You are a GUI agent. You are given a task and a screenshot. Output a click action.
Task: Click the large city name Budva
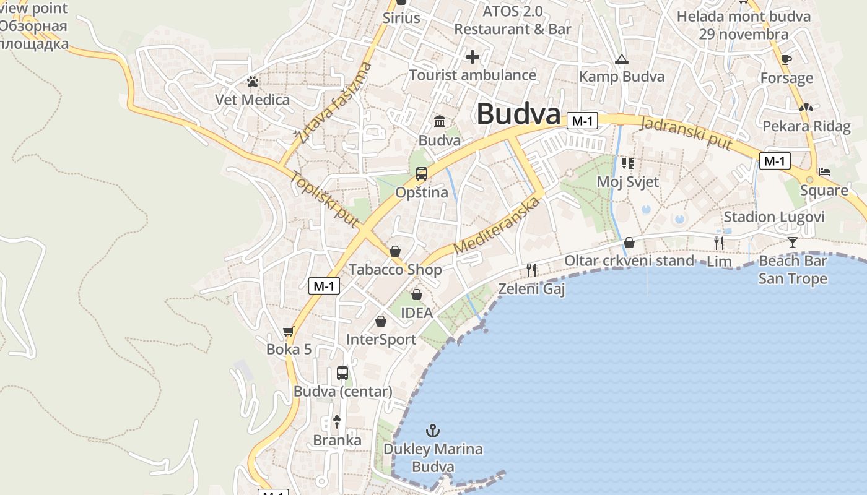[518, 114]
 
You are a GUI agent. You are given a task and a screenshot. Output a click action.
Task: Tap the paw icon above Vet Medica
[252, 81]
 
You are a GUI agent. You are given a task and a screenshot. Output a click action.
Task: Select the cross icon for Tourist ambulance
[473, 58]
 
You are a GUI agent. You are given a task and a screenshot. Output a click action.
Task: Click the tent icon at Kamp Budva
[621, 59]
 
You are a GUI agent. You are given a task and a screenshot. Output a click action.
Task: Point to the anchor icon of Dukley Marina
[434, 430]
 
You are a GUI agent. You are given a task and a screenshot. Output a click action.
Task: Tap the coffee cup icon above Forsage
[786, 60]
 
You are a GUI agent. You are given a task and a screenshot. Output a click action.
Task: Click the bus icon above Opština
[422, 174]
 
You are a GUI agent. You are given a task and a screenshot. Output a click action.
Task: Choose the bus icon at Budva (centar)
[342, 373]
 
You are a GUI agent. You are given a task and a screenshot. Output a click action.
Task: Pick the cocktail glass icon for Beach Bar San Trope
[793, 242]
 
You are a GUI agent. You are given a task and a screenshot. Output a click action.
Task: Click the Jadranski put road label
[686, 132]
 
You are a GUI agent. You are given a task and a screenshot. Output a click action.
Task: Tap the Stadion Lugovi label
[774, 217]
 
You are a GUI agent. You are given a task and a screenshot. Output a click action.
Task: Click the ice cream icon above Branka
[336, 422]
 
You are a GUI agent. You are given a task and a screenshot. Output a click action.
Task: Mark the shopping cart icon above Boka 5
[288, 332]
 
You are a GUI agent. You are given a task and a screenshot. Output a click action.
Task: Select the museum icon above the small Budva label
[440, 121]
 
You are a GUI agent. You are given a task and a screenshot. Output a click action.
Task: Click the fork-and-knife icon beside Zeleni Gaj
[531, 270]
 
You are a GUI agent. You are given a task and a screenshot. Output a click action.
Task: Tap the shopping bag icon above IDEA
[417, 295]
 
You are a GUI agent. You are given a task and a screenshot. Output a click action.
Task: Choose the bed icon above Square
[824, 171]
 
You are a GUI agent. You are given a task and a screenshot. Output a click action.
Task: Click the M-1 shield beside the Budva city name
[582, 121]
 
